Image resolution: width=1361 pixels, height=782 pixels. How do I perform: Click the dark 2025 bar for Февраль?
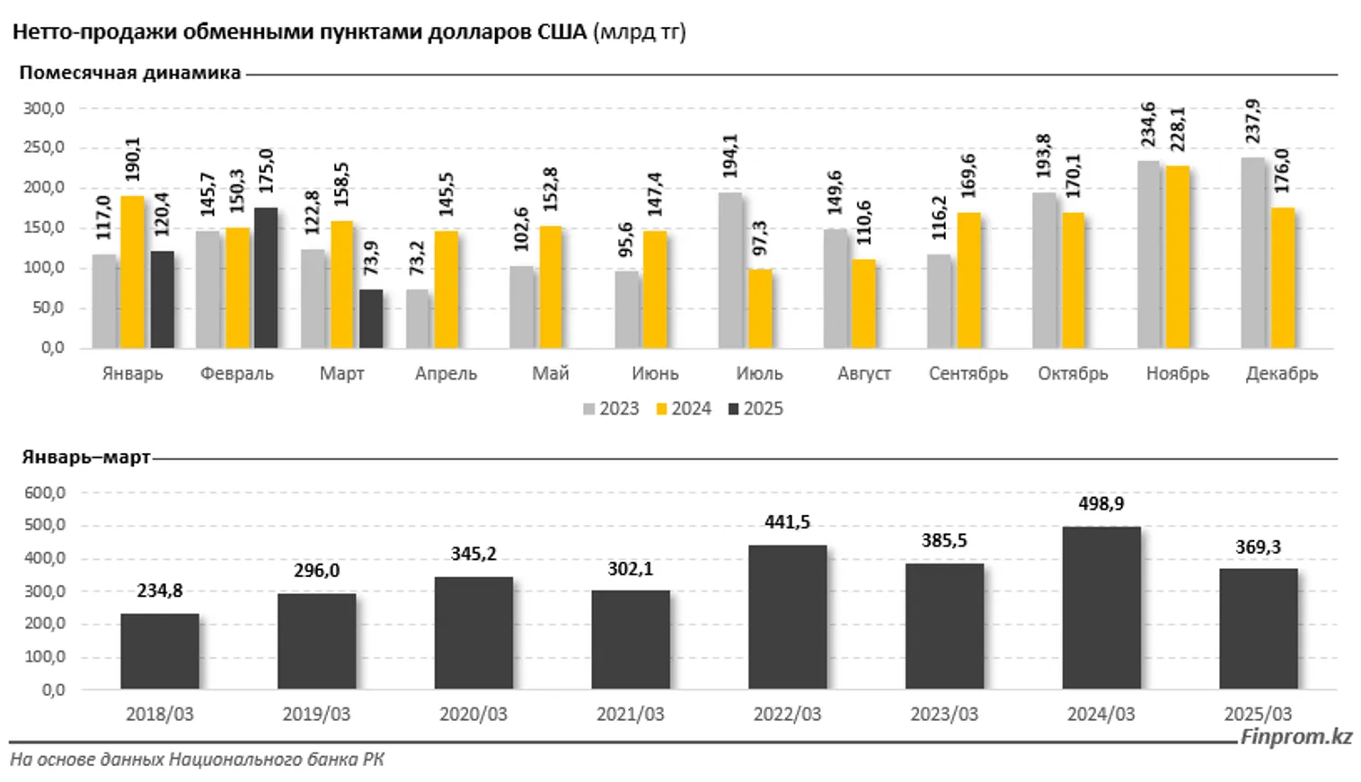click(x=266, y=278)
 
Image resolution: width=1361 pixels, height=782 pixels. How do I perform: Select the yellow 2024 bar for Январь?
click(x=133, y=271)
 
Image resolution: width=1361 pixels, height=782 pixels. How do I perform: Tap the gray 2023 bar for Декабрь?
click(x=1252, y=253)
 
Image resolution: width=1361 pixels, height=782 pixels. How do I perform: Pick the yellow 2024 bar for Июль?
click(x=760, y=308)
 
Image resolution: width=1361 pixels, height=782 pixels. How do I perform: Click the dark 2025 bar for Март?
click(x=371, y=318)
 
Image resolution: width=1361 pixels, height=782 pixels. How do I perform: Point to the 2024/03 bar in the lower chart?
click(x=1101, y=608)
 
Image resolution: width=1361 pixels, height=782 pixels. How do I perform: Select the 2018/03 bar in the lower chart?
click(x=160, y=652)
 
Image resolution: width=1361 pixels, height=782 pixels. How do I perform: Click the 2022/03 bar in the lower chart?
click(x=787, y=617)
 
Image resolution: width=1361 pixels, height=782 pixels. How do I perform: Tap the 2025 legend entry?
click(x=756, y=409)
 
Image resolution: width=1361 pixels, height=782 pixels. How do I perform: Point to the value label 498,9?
click(x=1101, y=504)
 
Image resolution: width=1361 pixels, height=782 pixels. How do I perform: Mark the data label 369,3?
click(x=1258, y=547)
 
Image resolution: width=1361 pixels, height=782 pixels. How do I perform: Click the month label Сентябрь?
click(x=968, y=374)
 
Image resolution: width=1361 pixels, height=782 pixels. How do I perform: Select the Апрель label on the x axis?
click(x=446, y=374)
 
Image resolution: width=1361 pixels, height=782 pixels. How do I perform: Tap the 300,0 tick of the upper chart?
click(x=44, y=109)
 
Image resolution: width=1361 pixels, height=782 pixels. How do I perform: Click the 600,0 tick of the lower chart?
click(x=46, y=493)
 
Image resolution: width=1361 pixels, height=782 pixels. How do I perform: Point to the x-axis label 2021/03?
click(x=630, y=715)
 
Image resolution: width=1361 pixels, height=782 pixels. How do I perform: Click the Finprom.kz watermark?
click(x=1295, y=737)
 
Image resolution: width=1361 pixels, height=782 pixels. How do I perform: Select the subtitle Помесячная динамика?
click(x=130, y=73)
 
